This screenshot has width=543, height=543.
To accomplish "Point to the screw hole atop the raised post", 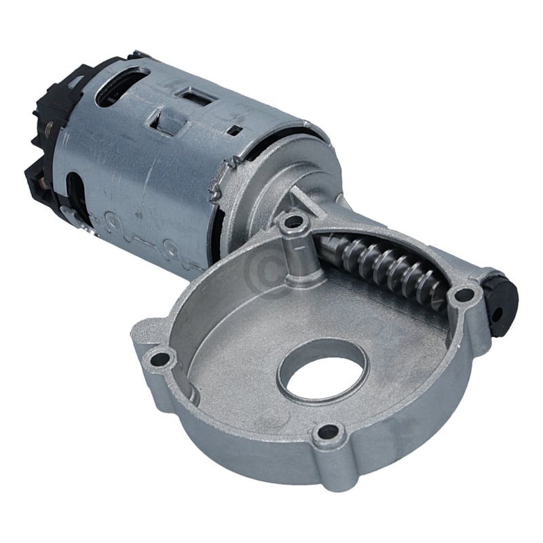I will [x=293, y=221].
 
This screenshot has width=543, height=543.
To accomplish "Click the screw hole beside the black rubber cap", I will [x=464, y=294].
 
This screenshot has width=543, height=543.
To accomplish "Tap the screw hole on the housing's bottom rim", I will [x=328, y=431].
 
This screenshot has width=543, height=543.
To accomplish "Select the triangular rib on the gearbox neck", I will [x=299, y=201].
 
